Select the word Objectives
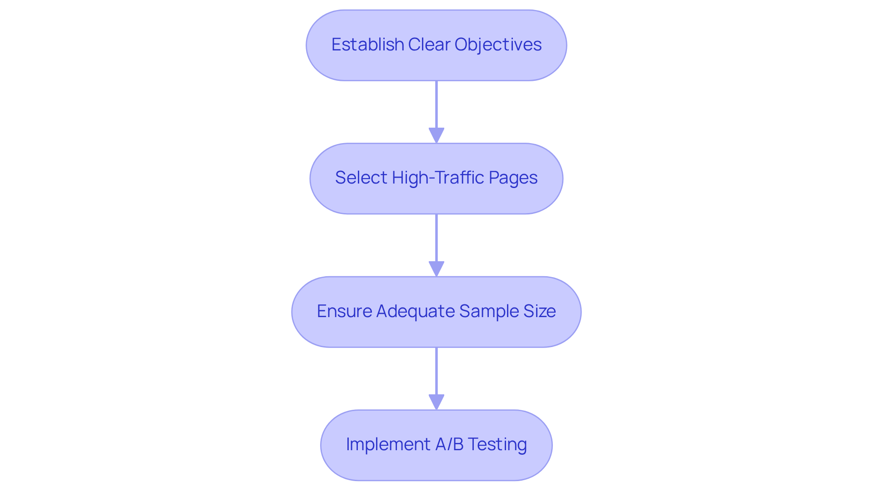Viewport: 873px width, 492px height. click(x=498, y=45)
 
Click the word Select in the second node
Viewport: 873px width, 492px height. click(x=361, y=178)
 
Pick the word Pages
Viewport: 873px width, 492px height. click(x=513, y=178)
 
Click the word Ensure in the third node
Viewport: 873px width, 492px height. click(x=344, y=311)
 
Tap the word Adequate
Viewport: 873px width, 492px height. click(x=415, y=311)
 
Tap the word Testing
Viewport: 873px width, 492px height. click(x=497, y=444)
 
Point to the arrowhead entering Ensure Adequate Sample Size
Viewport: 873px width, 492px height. click(x=436, y=269)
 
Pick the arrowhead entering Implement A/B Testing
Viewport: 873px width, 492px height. click(x=436, y=402)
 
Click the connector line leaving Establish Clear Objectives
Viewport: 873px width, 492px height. click(x=436, y=104)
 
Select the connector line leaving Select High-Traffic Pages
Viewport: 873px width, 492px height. click(x=436, y=238)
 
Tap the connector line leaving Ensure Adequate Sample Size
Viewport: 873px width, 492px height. click(x=436, y=371)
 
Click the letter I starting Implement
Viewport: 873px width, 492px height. click(x=348, y=444)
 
